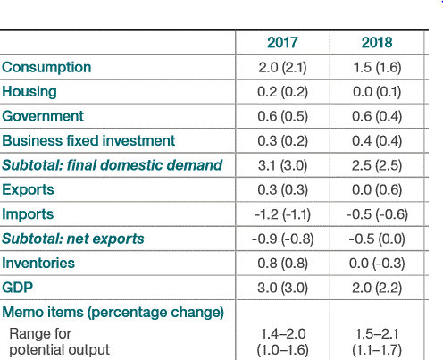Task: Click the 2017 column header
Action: pyautogui.click(x=282, y=43)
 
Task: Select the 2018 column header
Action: pyautogui.click(x=377, y=43)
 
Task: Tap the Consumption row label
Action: pyautogui.click(x=46, y=68)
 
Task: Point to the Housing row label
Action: pyautogui.click(x=29, y=92)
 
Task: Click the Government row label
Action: pyautogui.click(x=43, y=116)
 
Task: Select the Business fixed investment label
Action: pyautogui.click(x=88, y=140)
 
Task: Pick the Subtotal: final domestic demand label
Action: pyautogui.click(x=113, y=165)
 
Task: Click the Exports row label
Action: pyautogui.click(x=28, y=189)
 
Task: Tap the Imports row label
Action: pyautogui.click(x=28, y=214)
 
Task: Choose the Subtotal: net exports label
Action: pyautogui.click(x=73, y=239)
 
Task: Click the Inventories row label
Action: pyautogui.click(x=38, y=264)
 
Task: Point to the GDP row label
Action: pyautogui.click(x=17, y=288)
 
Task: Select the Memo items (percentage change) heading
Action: pyautogui.click(x=113, y=313)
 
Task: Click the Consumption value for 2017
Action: pyautogui.click(x=282, y=68)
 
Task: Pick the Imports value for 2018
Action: pyautogui.click(x=377, y=214)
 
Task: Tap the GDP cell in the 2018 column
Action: pyautogui.click(x=377, y=288)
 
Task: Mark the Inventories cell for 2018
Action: pyautogui.click(x=377, y=264)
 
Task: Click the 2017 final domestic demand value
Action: pyautogui.click(x=282, y=165)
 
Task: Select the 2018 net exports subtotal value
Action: pyautogui.click(x=377, y=239)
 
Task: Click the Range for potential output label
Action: pyautogui.click(x=60, y=342)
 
